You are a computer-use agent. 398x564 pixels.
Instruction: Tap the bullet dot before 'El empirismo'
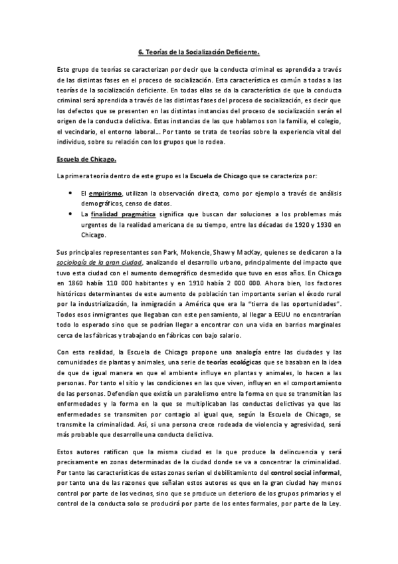coord(70,192)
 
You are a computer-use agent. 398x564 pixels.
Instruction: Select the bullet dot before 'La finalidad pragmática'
coord(70,213)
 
